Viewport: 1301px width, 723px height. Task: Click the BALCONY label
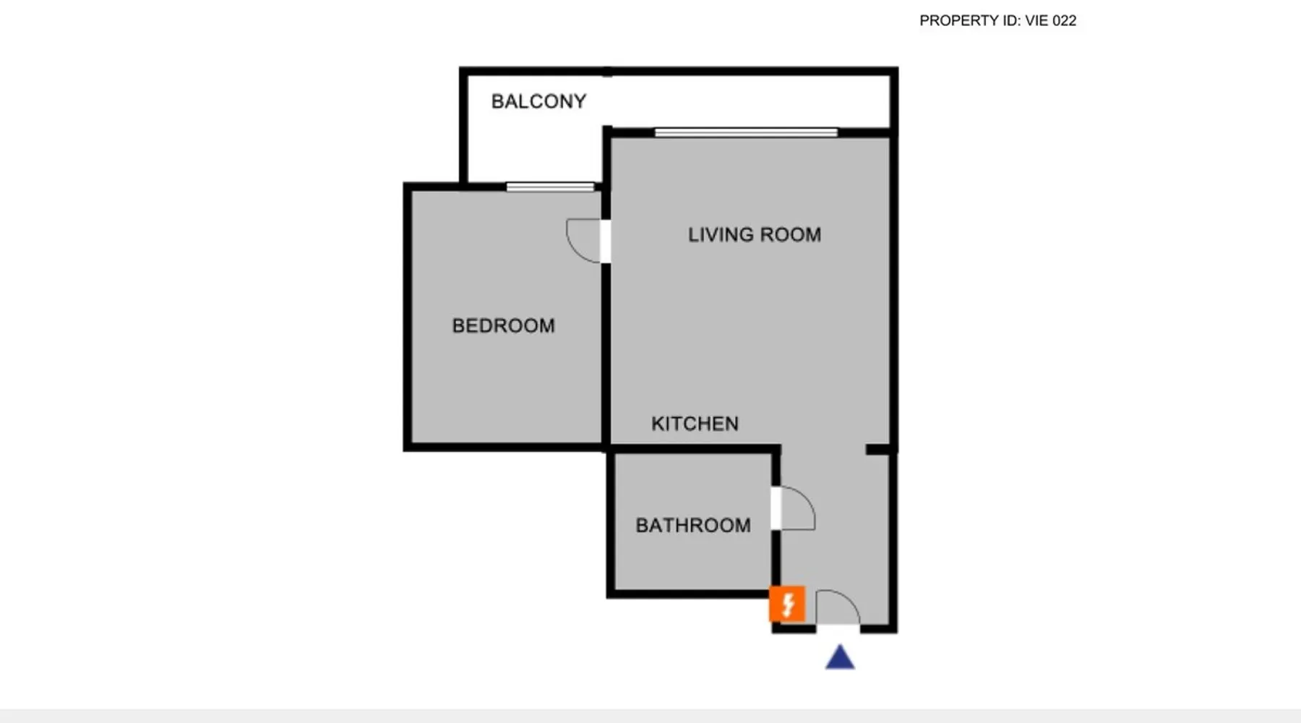tap(538, 101)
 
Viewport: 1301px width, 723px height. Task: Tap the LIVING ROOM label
tap(755, 234)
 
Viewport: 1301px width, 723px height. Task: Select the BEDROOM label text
tap(504, 325)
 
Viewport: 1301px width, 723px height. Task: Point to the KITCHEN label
tap(695, 424)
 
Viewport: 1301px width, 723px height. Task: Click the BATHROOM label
tap(693, 525)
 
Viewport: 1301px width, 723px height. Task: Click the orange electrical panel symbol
tap(787, 604)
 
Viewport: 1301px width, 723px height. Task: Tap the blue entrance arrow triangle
tap(840, 657)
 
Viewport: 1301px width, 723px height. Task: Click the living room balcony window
tap(746, 132)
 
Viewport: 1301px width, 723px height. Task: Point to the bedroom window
tap(550, 187)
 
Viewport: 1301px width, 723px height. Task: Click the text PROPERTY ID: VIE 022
tap(997, 21)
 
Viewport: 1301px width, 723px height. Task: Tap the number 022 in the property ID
tap(1064, 21)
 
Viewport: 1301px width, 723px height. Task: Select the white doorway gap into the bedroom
tap(606, 241)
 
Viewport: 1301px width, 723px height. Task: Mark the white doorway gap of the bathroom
tap(776, 508)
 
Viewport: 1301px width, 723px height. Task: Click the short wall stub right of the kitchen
tap(879, 450)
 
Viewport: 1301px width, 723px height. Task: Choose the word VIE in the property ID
tap(1036, 21)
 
